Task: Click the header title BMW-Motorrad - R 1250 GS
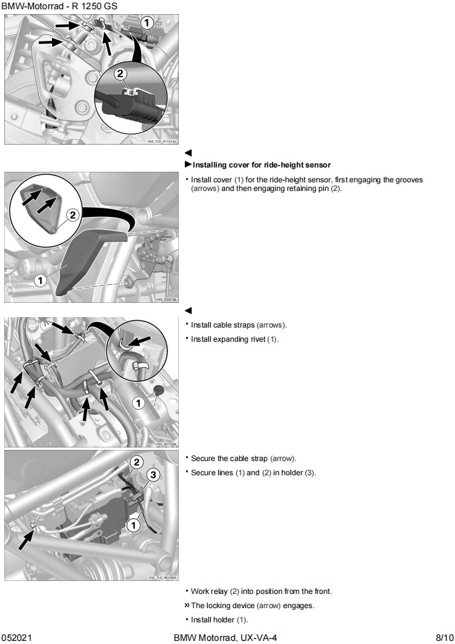(x=59, y=6)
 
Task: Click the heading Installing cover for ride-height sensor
(x=262, y=165)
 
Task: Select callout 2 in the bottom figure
(x=137, y=462)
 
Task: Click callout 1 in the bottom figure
(x=132, y=525)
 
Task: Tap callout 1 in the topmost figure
(x=147, y=23)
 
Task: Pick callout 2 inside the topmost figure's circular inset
(x=121, y=74)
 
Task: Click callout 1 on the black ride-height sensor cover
(x=40, y=280)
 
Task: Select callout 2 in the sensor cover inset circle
(x=72, y=215)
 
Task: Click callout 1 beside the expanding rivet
(x=139, y=403)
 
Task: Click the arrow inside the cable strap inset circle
(x=140, y=340)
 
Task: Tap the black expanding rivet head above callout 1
(x=158, y=391)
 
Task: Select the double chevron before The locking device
(x=187, y=606)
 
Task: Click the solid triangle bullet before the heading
(x=189, y=165)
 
